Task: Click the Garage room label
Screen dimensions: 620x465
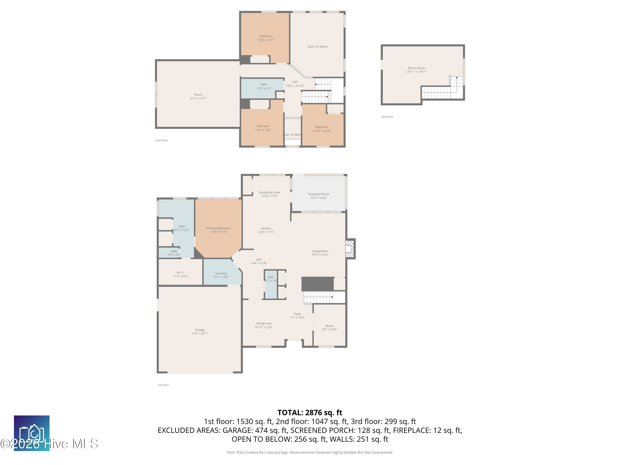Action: point(200,331)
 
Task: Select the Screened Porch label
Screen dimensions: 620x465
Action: point(318,196)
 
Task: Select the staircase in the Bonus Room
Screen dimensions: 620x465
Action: point(442,88)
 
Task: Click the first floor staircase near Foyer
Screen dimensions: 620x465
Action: point(318,297)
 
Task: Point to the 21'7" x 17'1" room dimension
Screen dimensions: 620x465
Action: point(198,99)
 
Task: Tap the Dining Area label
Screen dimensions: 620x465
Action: point(263,325)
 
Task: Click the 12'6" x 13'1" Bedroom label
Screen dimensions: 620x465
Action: point(266,38)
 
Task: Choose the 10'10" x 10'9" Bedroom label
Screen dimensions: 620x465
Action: point(322,129)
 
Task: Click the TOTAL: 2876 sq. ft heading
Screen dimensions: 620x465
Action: point(310,413)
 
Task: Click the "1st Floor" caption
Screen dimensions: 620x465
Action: point(163,385)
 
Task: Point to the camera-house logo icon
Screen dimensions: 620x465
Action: point(32,433)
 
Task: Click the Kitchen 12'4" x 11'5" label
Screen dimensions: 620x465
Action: point(266,230)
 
